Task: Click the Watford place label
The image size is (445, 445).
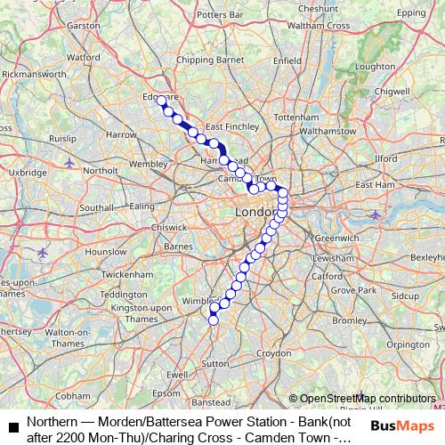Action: (83, 57)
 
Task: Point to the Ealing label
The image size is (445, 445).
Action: (142, 206)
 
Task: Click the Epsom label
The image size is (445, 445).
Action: (166, 392)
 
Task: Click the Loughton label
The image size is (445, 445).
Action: (375, 67)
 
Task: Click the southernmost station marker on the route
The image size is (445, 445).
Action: (213, 320)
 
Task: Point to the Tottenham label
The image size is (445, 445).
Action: (296, 117)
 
